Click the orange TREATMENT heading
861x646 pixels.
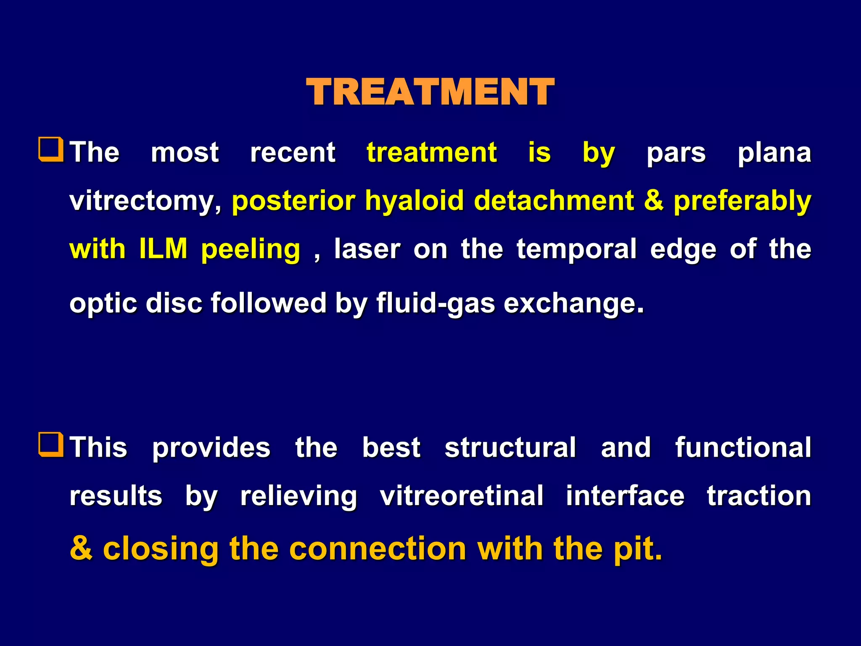click(x=430, y=92)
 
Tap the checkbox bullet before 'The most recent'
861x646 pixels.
click(x=51, y=150)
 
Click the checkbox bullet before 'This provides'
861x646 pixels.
click(x=51, y=445)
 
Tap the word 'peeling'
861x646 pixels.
click(x=251, y=249)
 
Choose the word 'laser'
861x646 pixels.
click(x=367, y=249)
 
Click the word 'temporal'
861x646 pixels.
click(x=576, y=249)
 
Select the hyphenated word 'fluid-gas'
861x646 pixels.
click(x=436, y=303)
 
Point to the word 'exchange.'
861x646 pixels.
click(x=573, y=303)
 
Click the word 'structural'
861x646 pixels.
click(x=510, y=447)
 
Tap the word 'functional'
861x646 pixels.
click(x=743, y=447)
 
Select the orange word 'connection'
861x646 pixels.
click(x=378, y=548)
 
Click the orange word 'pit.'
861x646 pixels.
click(x=637, y=548)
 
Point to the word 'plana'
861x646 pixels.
click(x=774, y=152)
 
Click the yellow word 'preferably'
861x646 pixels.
click(x=742, y=201)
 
